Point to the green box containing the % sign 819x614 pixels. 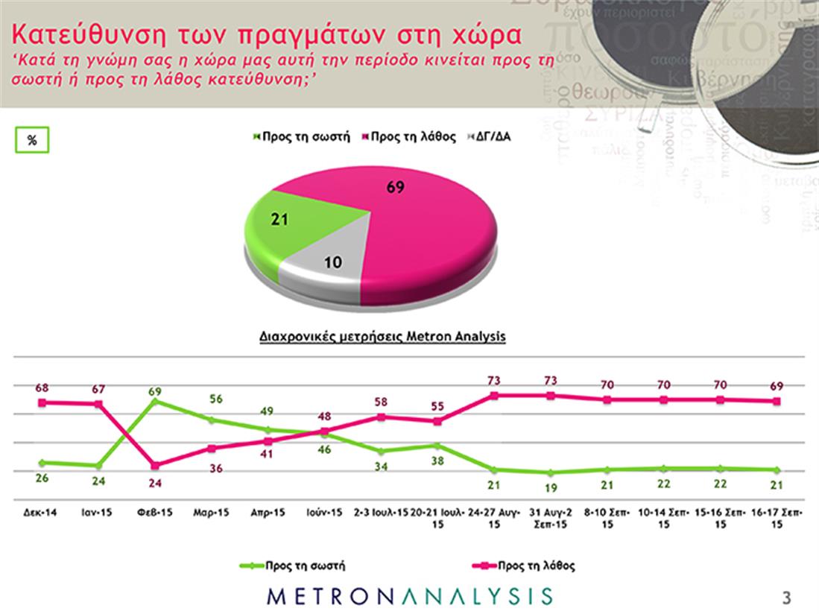[32, 140]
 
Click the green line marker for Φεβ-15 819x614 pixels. [154, 401]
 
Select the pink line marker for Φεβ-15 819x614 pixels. [154, 466]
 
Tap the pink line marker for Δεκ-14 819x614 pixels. [42, 402]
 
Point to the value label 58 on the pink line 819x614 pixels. [380, 402]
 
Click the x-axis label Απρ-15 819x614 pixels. [268, 514]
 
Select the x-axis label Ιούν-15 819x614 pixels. [325, 514]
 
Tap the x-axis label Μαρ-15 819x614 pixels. [212, 514]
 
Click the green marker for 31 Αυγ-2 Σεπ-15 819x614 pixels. [550, 472]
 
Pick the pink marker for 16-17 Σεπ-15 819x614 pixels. [776, 401]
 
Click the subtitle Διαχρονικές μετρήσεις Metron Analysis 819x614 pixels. [382, 337]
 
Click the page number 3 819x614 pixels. [786, 597]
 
